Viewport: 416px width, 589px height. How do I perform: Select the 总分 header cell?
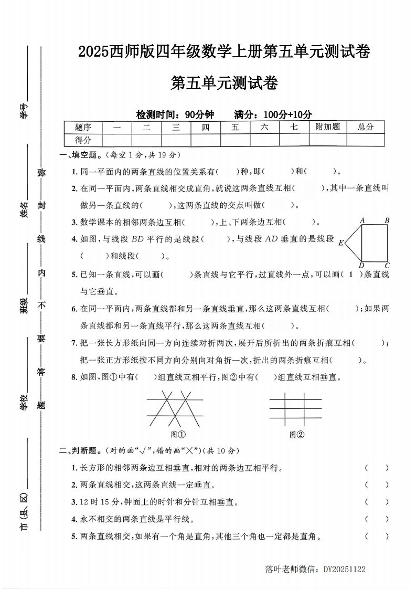(365, 127)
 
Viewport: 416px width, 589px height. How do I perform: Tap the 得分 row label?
(83, 140)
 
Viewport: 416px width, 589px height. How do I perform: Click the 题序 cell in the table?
(83, 127)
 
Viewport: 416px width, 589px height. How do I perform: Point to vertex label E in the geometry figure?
(341, 243)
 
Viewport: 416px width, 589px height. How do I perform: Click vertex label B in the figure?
(387, 221)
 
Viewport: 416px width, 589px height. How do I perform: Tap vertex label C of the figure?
(387, 266)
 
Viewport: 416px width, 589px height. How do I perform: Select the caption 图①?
(178, 434)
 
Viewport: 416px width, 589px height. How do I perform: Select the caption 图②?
(297, 434)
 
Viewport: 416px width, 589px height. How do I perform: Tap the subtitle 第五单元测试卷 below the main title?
(224, 83)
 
